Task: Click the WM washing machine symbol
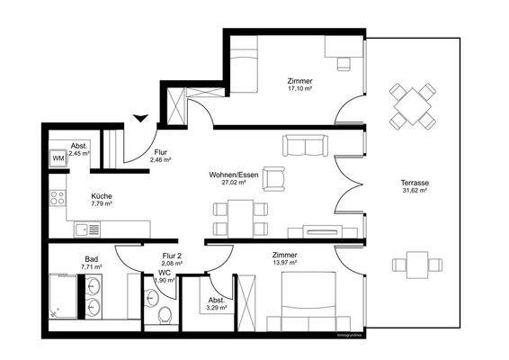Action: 58,159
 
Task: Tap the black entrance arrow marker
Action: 139,116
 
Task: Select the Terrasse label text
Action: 414,182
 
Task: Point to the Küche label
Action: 101,194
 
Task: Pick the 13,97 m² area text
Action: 288,262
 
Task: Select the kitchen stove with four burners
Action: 58,195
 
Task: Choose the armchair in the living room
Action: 273,180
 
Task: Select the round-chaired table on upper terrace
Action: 414,107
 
